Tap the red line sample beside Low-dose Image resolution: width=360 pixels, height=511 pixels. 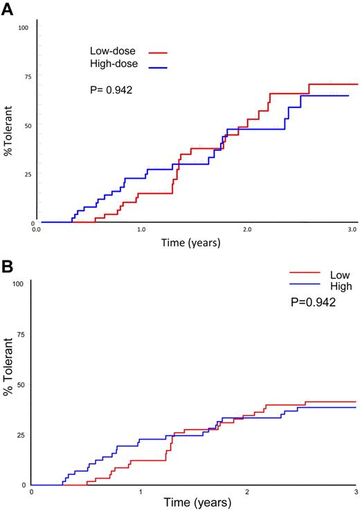tap(158, 52)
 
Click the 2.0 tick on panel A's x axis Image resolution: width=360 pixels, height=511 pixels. tap(247, 228)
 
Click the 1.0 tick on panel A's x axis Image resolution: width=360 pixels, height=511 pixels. tap(141, 228)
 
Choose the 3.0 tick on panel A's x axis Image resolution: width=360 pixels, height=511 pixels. tap(352, 228)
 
